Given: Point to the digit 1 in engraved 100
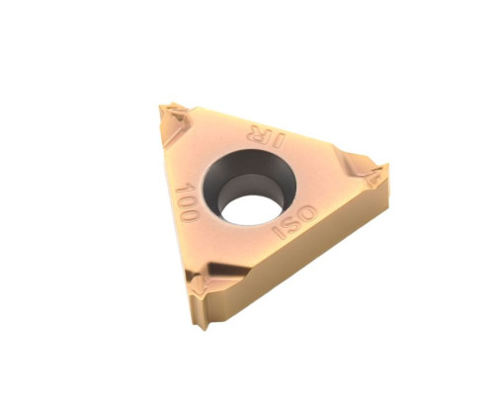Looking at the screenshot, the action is point(184,189).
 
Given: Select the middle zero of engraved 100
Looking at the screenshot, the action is point(188,201).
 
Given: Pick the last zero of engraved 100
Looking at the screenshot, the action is point(192,214).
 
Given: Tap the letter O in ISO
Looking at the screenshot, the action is point(306,214).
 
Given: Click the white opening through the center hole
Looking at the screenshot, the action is point(252,209).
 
